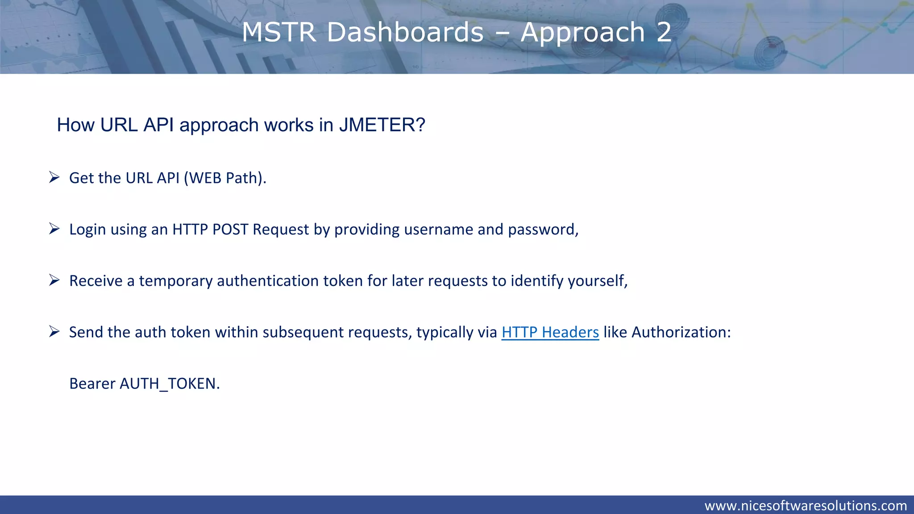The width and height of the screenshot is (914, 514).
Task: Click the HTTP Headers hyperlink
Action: point(550,332)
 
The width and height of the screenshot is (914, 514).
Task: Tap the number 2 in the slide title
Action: point(664,32)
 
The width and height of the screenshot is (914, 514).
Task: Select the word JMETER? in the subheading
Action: point(382,125)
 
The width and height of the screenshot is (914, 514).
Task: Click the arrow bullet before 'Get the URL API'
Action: point(54,178)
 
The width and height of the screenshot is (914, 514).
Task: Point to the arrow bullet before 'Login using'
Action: point(54,229)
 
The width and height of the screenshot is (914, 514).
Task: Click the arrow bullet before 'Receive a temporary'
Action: point(54,280)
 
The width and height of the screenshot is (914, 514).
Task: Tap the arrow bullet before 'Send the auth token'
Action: point(54,332)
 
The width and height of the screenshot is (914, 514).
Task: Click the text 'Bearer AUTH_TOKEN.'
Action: point(145,384)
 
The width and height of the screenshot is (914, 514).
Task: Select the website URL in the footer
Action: point(806,506)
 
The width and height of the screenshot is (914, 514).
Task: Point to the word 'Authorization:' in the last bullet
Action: point(681,332)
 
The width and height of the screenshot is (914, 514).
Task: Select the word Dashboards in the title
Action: point(405,32)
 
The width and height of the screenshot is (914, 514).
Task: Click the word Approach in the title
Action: point(583,32)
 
